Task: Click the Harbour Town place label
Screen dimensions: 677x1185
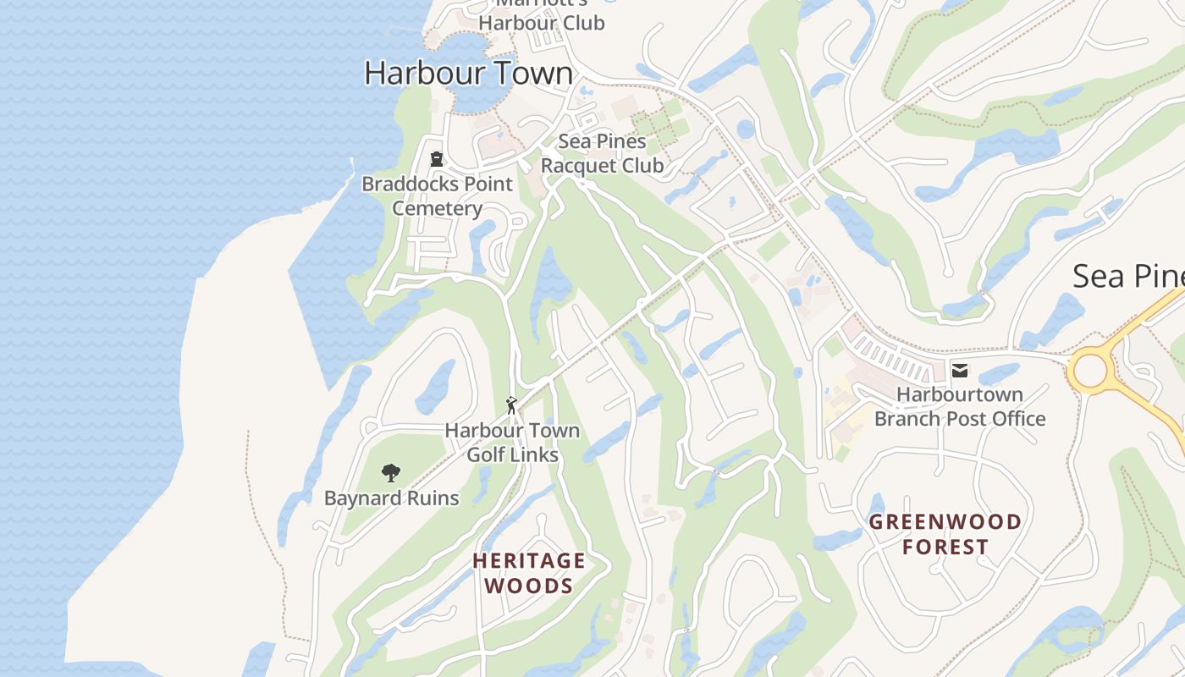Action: tap(468, 73)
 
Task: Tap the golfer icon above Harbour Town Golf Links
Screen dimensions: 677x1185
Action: tap(511, 405)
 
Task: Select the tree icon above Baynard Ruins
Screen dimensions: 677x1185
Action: tap(390, 473)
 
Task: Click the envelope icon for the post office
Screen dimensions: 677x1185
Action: tap(960, 370)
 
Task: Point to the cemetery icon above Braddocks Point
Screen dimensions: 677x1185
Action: tap(437, 159)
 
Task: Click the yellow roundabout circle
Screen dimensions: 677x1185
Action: tap(1089, 371)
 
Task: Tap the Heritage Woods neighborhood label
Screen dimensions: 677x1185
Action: tap(529, 573)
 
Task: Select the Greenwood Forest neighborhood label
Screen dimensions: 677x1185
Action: tap(945, 534)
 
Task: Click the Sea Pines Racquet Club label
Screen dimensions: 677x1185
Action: tap(602, 153)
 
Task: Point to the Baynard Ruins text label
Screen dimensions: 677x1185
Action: tap(392, 498)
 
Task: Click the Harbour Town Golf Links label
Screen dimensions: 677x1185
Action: tap(512, 443)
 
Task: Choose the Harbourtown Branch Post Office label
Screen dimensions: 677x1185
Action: tap(960, 406)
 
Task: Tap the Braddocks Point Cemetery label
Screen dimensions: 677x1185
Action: tap(438, 196)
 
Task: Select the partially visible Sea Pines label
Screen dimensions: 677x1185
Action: tap(1127, 276)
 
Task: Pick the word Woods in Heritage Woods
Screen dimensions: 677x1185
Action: tap(529, 586)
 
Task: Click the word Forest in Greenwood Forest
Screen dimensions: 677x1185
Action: tap(945, 547)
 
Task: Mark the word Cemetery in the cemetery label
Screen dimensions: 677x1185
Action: tap(438, 208)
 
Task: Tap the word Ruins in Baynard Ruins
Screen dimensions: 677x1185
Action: tap(432, 498)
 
